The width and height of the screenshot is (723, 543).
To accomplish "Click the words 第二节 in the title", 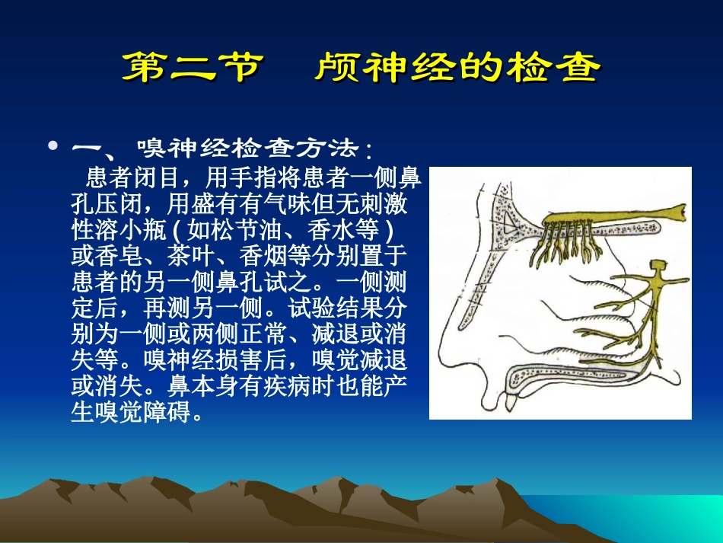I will coord(191,69).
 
